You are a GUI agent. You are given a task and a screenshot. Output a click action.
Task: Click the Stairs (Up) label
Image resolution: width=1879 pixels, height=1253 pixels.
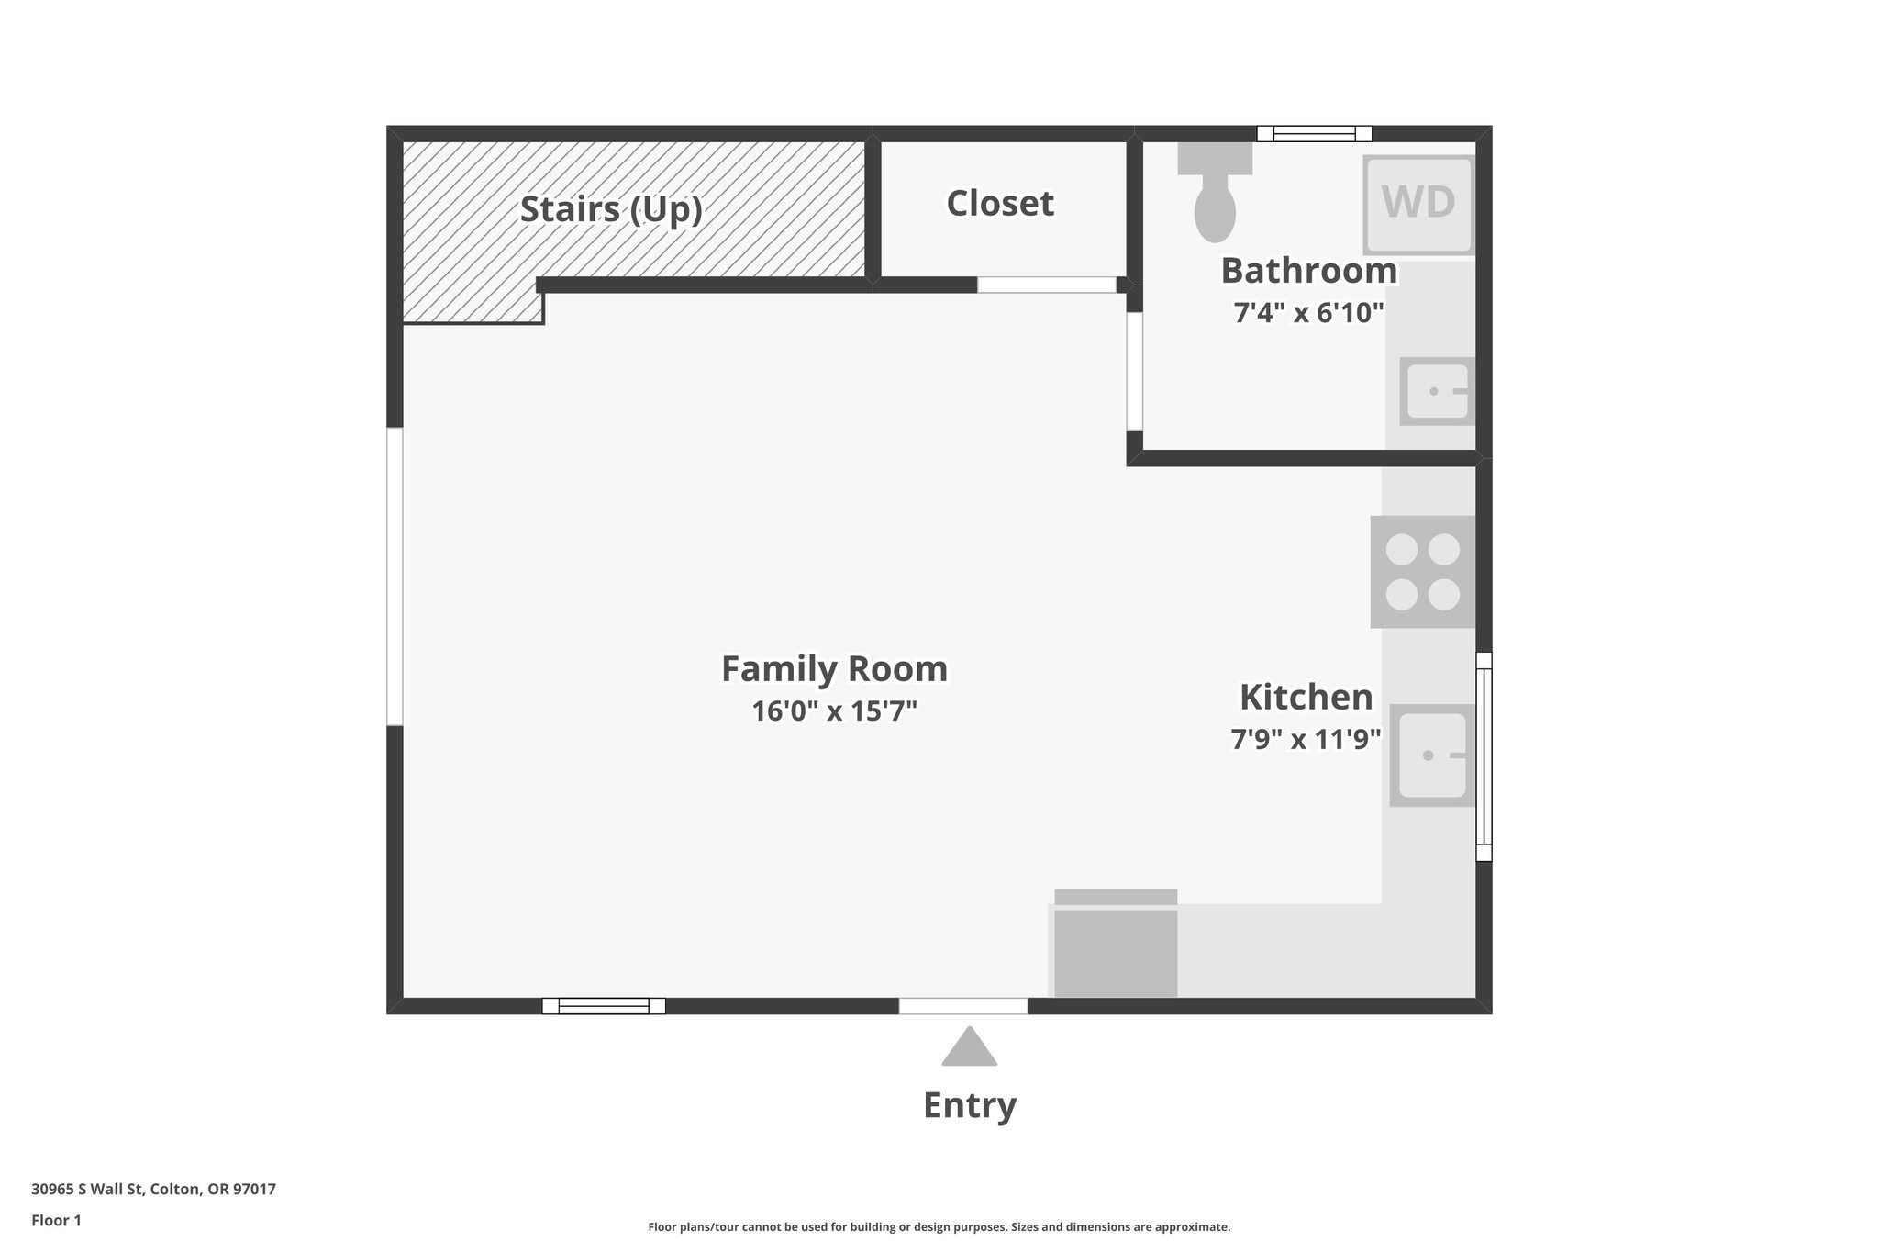pos(611,209)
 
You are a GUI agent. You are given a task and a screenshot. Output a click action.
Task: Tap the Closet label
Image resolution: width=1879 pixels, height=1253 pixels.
pos(1000,204)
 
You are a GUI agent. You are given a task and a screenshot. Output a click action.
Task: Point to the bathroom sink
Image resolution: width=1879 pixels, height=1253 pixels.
pos(1437,392)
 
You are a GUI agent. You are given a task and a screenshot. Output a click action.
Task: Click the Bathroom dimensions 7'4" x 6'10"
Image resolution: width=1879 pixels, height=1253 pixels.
pos(1308,314)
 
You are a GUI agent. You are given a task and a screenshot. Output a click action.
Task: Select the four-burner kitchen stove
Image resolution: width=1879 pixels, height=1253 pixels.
pos(1422,572)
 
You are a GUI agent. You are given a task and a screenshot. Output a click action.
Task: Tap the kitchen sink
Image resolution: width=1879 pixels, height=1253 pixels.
pos(1432,755)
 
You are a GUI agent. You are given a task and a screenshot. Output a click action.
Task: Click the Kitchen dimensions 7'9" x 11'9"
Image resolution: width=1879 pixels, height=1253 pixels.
pos(1306,739)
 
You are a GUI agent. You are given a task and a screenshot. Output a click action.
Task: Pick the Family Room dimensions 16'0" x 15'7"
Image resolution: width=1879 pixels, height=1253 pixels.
pos(834,711)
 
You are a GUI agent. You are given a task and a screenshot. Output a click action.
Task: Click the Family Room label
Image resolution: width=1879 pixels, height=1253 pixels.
pos(834,669)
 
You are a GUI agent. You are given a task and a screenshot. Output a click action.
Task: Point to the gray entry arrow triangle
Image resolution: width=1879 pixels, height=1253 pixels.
pos(969,1048)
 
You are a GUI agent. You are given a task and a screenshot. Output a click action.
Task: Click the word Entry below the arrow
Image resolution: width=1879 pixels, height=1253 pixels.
pos(970,1105)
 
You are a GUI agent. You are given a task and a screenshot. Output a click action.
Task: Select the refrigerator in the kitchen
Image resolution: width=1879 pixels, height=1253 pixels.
pos(1116,945)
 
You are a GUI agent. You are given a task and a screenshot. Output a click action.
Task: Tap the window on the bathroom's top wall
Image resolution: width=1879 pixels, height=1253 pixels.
pos(1314,134)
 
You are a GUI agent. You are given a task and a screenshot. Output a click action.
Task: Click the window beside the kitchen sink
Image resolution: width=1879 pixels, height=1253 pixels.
pos(1484,756)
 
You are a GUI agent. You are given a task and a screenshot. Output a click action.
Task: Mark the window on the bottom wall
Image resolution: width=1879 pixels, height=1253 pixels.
pos(604,1006)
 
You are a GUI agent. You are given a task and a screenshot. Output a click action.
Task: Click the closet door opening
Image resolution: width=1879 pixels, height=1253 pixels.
pos(1046,285)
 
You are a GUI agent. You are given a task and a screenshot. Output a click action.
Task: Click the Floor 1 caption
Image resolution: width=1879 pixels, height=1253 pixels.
pos(56,1221)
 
